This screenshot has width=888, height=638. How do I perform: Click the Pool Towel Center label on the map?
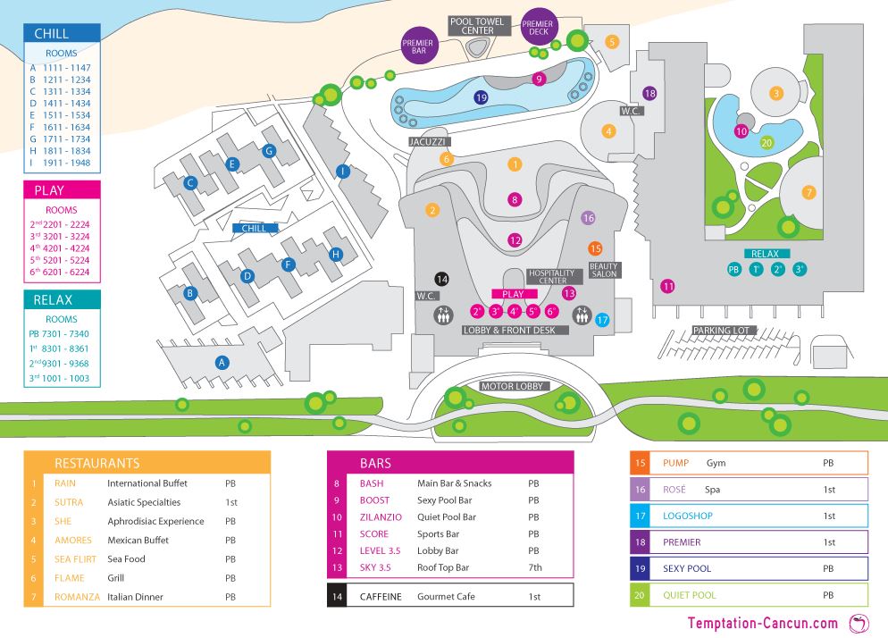(x=478, y=25)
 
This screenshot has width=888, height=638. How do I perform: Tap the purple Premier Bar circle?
(x=418, y=47)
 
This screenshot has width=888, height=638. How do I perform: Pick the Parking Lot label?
(x=725, y=331)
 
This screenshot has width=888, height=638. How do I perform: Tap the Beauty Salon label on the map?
(x=603, y=271)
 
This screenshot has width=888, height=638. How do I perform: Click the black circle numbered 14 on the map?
(x=440, y=279)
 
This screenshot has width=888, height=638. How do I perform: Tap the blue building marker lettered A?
(x=222, y=362)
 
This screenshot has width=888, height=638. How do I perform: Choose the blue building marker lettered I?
(x=341, y=171)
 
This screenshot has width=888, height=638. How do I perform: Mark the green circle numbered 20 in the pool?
(x=767, y=142)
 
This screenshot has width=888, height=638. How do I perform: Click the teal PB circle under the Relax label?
(x=734, y=269)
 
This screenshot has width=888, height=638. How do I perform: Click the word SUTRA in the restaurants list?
(x=69, y=502)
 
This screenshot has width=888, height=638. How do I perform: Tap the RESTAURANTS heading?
(x=97, y=463)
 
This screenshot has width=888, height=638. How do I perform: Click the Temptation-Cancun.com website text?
(x=762, y=623)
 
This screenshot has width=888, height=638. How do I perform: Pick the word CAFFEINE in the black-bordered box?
(x=381, y=595)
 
